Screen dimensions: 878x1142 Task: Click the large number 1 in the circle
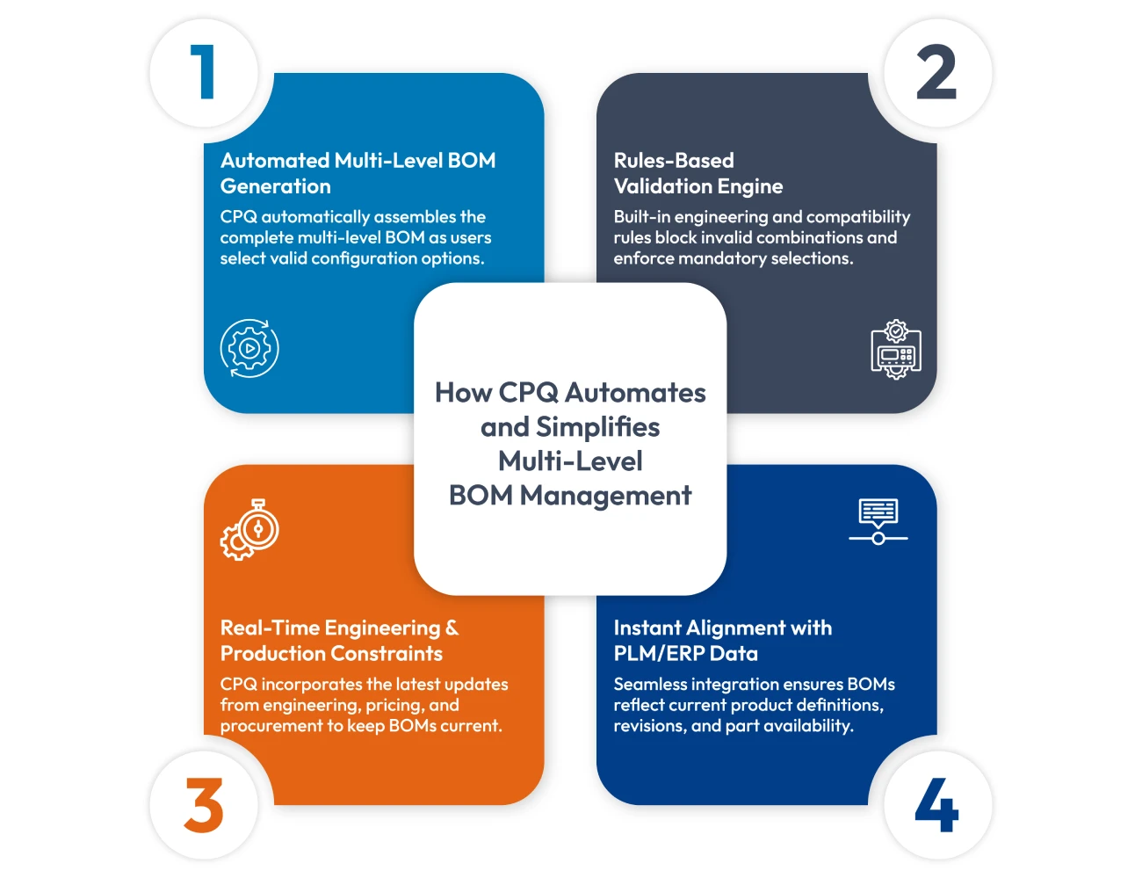click(x=204, y=72)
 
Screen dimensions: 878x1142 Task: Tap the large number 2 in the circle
click(x=936, y=72)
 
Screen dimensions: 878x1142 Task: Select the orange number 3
click(x=204, y=805)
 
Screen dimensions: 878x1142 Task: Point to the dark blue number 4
click(x=936, y=805)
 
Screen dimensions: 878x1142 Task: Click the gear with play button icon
click(x=249, y=348)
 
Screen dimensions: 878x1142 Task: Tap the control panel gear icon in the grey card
click(x=895, y=349)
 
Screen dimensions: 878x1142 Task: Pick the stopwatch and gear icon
click(x=249, y=530)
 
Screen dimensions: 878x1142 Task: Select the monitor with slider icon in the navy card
click(x=878, y=521)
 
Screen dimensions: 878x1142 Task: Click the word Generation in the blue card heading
click(x=276, y=186)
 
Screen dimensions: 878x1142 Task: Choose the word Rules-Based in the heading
click(x=674, y=161)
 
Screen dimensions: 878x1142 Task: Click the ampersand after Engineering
click(x=452, y=628)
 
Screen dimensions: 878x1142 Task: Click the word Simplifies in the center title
click(x=597, y=427)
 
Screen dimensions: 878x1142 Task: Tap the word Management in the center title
click(x=606, y=496)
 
